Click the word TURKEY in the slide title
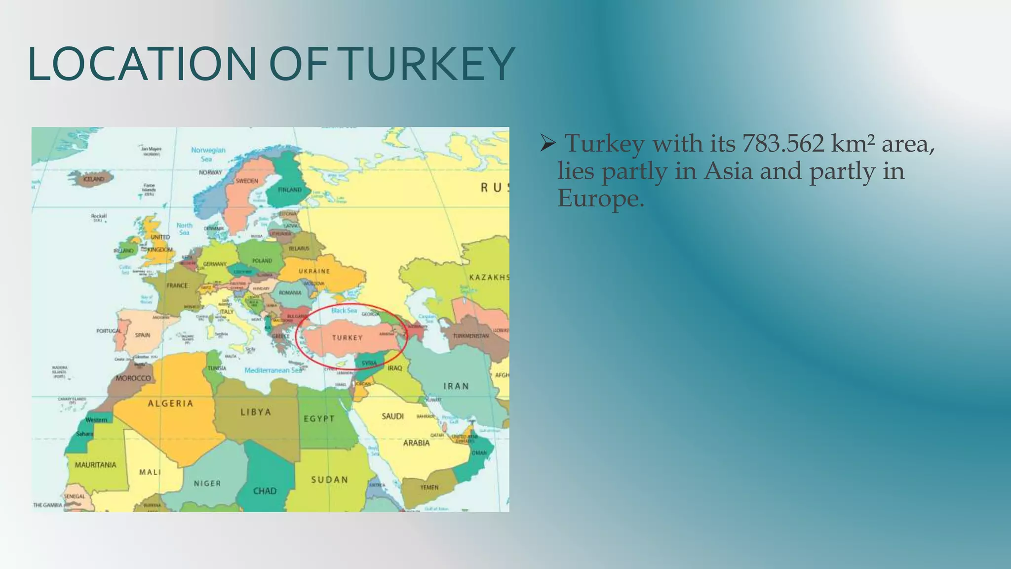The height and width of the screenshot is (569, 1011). pyautogui.click(x=428, y=64)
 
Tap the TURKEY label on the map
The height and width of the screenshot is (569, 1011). pyautogui.click(x=347, y=338)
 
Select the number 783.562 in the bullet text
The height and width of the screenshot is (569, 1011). pyautogui.click(x=783, y=144)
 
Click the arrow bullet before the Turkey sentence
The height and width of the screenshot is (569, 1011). pyautogui.click(x=548, y=144)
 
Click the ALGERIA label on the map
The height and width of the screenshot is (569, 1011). pyautogui.click(x=171, y=404)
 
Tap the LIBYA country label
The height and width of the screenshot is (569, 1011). pyautogui.click(x=256, y=412)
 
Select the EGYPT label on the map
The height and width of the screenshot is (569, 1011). pyautogui.click(x=319, y=419)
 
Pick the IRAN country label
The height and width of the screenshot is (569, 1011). pyautogui.click(x=456, y=386)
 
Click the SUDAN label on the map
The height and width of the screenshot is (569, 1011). pyautogui.click(x=329, y=480)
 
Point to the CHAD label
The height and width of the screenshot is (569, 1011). pyautogui.click(x=265, y=491)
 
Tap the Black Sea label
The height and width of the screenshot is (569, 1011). pyautogui.click(x=344, y=311)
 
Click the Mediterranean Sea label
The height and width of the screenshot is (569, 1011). pyautogui.click(x=273, y=370)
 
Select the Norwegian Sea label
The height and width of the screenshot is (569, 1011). pyautogui.click(x=208, y=154)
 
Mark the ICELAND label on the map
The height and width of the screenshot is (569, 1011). pyautogui.click(x=94, y=179)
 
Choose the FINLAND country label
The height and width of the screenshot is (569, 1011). pyautogui.click(x=290, y=190)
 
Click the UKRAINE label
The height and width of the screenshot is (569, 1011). pyautogui.click(x=314, y=271)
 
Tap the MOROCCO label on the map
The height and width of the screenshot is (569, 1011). pyautogui.click(x=133, y=378)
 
